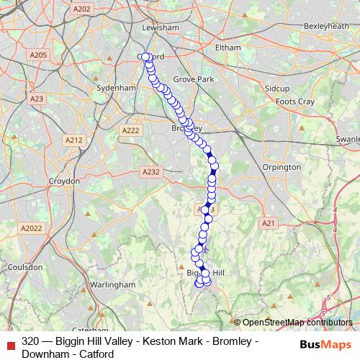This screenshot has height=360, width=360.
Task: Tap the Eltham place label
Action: pos(228,48)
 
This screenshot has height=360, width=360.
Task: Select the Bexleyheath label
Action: pos(325,25)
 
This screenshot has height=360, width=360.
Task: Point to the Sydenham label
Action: pos(116,88)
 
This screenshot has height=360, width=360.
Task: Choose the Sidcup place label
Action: pos(276,88)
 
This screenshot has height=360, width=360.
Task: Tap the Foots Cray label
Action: pos(295,102)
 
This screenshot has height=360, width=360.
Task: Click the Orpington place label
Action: pos(282,167)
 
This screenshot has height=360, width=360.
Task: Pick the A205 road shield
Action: pos(38,55)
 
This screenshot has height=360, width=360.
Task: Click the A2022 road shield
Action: pos(32,228)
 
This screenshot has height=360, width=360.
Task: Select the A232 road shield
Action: pos(150,172)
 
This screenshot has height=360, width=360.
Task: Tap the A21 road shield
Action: pos(269,224)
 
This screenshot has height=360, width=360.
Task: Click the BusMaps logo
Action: pos(325,344)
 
